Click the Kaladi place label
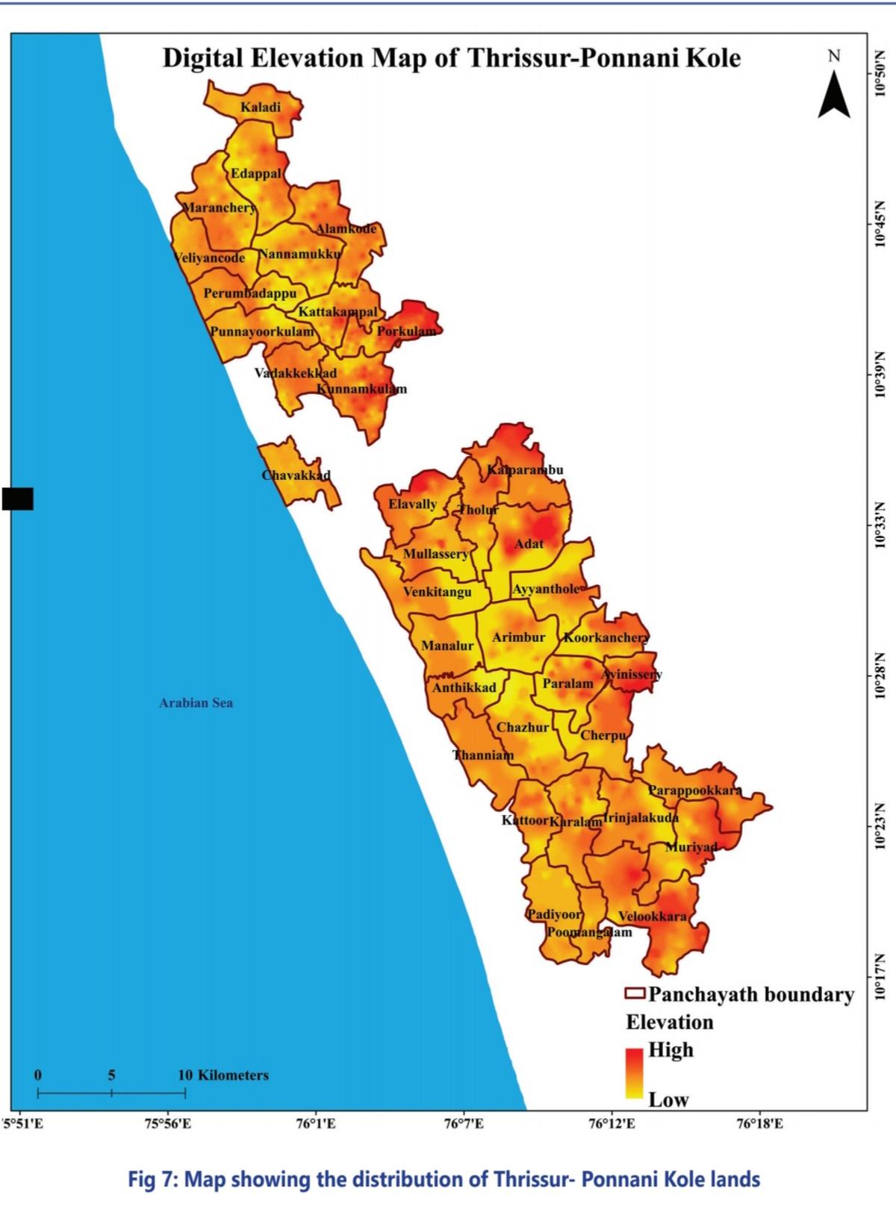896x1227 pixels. [261, 107]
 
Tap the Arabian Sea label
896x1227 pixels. [196, 702]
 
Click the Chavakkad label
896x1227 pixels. [296, 475]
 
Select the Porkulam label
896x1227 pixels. [406, 331]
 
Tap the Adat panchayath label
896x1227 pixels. [529, 543]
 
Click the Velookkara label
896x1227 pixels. [652, 916]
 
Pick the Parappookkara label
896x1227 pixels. [694, 790]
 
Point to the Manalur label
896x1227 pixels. [447, 646]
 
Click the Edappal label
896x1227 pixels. [256, 173]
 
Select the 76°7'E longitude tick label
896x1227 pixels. [464, 1123]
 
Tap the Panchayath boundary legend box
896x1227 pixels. [635, 993]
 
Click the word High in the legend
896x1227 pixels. [671, 1049]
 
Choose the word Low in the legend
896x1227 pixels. [668, 1099]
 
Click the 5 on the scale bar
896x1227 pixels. [111, 1075]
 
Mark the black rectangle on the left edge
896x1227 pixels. [17, 499]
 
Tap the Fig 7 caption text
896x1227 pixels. [444, 1179]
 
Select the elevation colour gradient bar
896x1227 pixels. [635, 1073]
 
